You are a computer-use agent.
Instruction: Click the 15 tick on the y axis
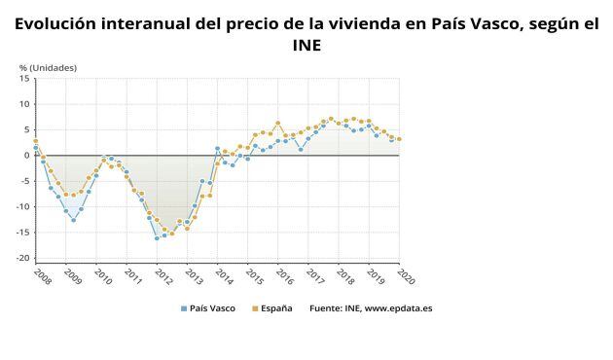[x=25, y=78]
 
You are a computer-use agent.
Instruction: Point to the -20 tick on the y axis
[x=23, y=258]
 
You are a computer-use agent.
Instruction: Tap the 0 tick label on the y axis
[x=27, y=155]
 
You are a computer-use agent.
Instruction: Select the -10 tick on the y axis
[x=23, y=206]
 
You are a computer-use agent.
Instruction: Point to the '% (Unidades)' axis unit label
[x=48, y=67]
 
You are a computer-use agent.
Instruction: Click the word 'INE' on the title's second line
[x=306, y=45]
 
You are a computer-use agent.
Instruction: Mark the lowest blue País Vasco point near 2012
[x=157, y=238]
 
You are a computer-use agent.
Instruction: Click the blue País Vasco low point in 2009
[x=73, y=220]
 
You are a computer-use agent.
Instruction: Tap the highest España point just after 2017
[x=331, y=119]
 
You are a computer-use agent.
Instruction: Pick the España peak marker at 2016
[x=278, y=123]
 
